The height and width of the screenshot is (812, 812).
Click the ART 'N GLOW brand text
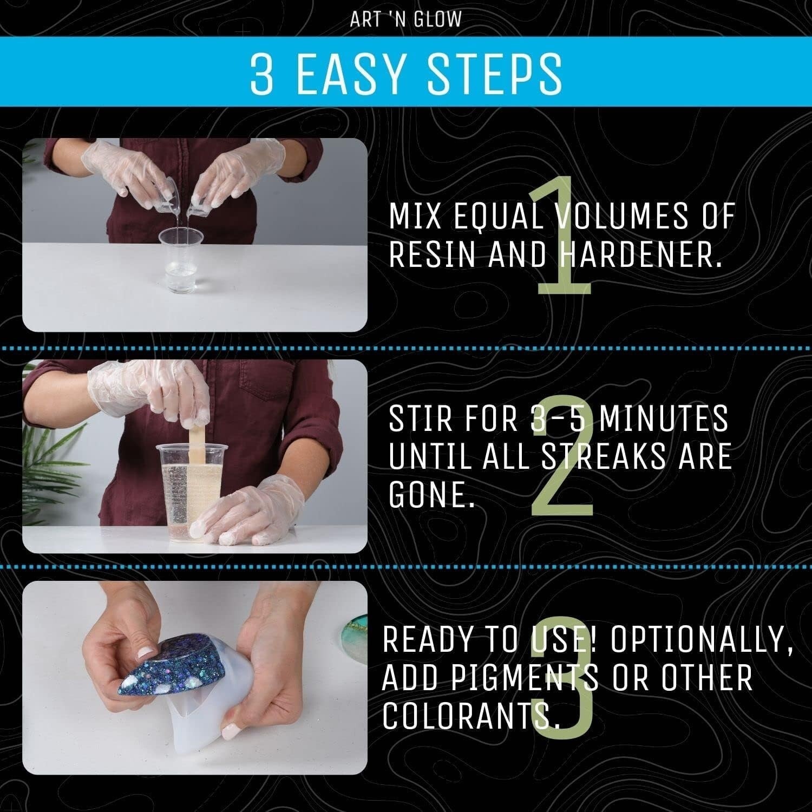406,19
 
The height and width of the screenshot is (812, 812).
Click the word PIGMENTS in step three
490,678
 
